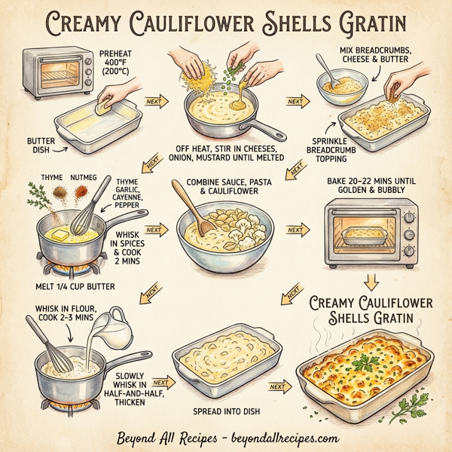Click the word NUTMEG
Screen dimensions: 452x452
click(x=85, y=176)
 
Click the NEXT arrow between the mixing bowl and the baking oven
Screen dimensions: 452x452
click(x=295, y=229)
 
